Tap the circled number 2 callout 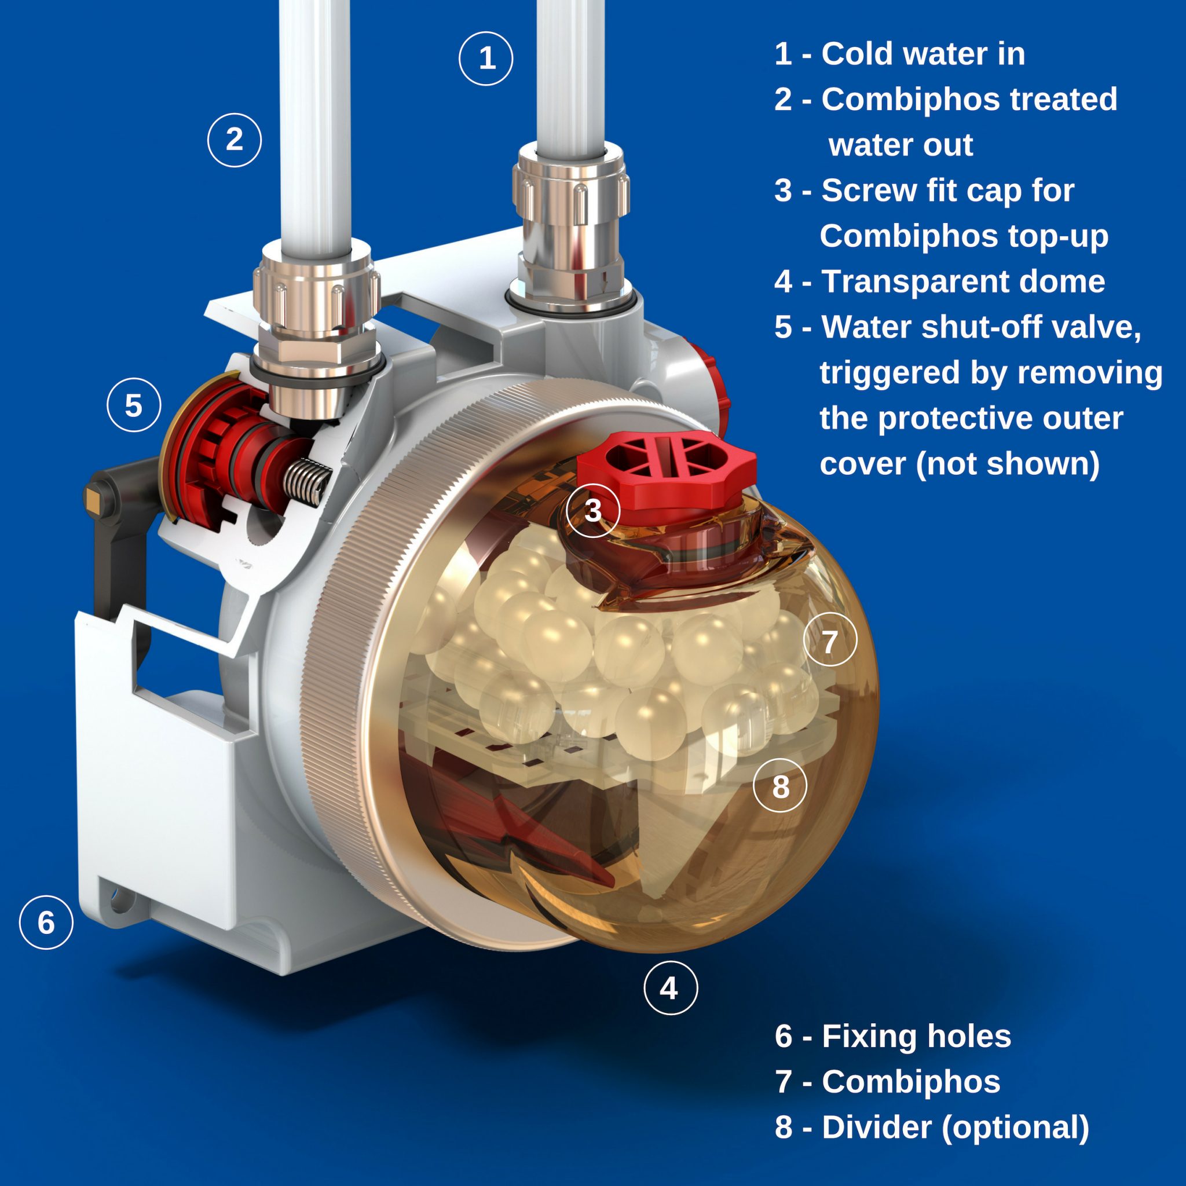tap(235, 140)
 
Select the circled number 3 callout tap(593, 510)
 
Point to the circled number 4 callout tap(671, 988)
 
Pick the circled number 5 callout tap(134, 405)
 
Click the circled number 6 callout tap(46, 922)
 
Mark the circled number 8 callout tap(780, 785)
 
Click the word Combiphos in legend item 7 tap(911, 1081)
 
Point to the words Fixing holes tap(916, 1036)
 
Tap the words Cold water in tap(923, 54)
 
